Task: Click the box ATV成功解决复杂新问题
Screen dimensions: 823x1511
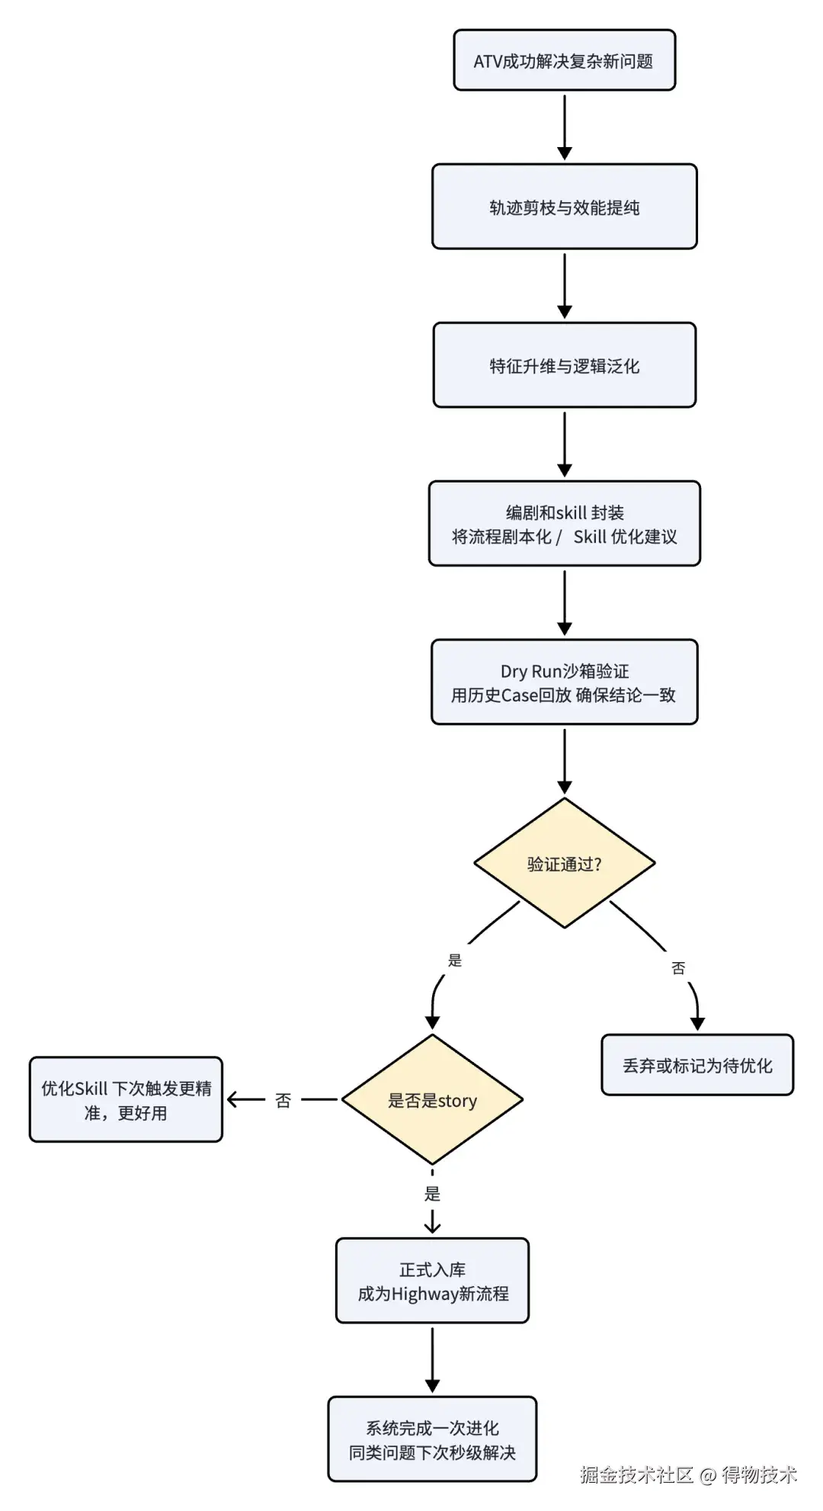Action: pos(565,60)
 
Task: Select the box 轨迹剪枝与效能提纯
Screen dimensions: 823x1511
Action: pos(565,207)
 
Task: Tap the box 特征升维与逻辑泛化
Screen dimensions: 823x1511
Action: pos(565,365)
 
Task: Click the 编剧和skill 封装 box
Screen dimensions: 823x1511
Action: pos(565,524)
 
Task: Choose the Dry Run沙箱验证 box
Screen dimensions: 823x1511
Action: pos(565,682)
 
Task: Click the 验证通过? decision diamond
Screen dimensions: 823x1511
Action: pos(565,863)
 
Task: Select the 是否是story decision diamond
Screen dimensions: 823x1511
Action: pos(432,1099)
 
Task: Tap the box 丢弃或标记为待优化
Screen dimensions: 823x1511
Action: pos(697,1065)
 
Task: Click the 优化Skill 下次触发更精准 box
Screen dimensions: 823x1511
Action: pos(126,1099)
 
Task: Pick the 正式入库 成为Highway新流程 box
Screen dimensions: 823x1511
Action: pos(432,1281)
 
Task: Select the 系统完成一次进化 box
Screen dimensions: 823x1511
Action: pos(432,1439)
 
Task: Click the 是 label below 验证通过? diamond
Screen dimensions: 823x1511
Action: pos(455,960)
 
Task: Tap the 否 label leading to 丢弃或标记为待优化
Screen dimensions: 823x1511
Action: pos(678,967)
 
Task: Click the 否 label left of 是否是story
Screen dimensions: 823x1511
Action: pos(283,1100)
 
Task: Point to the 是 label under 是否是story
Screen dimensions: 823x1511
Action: pos(432,1193)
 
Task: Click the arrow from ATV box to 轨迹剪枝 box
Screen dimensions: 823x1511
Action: pos(565,127)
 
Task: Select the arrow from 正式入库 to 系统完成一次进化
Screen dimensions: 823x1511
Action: pos(432,1360)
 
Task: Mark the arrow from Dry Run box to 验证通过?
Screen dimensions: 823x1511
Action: pos(565,761)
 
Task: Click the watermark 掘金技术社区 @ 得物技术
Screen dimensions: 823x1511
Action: pos(688,1474)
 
